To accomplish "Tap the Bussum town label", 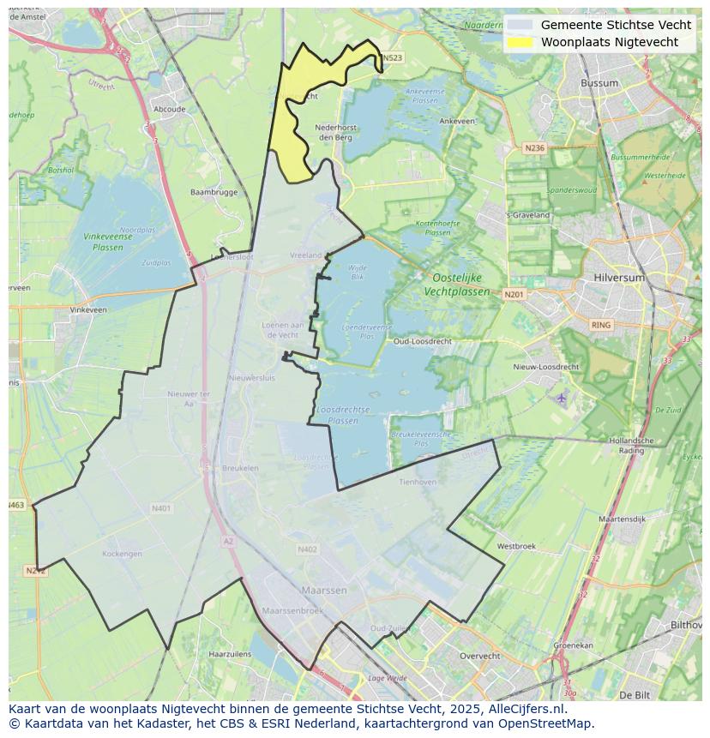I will (x=599, y=83).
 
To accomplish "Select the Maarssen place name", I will (x=324, y=591).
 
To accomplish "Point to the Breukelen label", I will (x=240, y=468).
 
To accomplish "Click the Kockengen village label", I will (x=122, y=554).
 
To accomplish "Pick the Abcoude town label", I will (x=169, y=110).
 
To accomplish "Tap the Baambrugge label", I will (x=214, y=192).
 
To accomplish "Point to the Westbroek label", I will (x=516, y=546).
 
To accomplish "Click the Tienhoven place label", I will (x=418, y=482).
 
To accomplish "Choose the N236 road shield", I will (x=534, y=148).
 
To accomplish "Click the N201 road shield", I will (x=514, y=295).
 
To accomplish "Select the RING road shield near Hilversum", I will (x=601, y=325).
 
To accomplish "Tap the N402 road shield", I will (x=307, y=549).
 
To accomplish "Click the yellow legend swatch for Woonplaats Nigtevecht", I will (x=520, y=42).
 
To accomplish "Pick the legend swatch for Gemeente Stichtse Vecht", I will (x=520, y=25).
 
